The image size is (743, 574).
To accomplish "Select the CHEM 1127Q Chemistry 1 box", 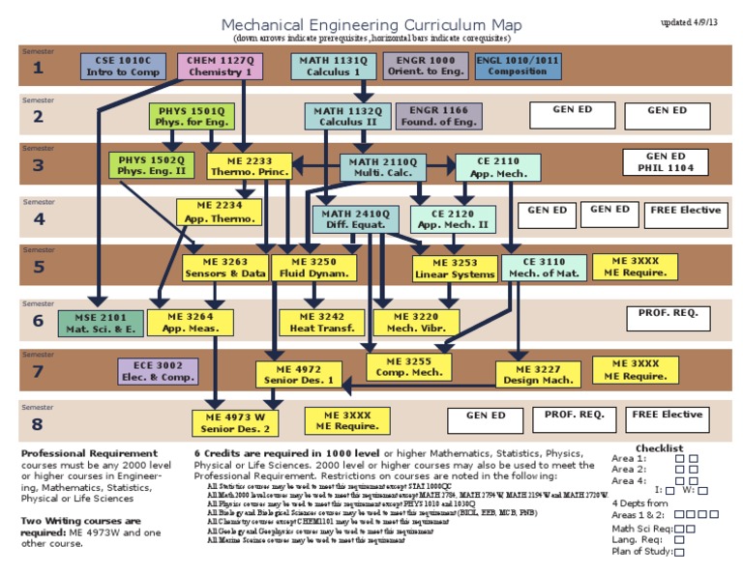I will coord(220,66).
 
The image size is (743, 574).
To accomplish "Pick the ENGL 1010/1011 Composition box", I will coord(518,66).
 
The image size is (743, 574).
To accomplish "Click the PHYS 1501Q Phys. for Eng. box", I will coord(191,116).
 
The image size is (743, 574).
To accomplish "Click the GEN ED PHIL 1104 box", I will coord(666,161).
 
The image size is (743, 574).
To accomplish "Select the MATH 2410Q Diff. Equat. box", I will coord(355,218).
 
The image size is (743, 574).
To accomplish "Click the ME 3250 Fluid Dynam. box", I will coord(310,268).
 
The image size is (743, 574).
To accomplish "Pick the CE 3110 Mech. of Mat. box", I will coord(544,267).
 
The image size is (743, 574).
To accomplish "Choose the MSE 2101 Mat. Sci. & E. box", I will coord(99,322).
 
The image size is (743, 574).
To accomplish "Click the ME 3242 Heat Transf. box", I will coord(315,322).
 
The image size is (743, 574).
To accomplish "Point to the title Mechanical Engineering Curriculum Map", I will coord(371,24).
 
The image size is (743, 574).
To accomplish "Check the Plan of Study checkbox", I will coord(679,552).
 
